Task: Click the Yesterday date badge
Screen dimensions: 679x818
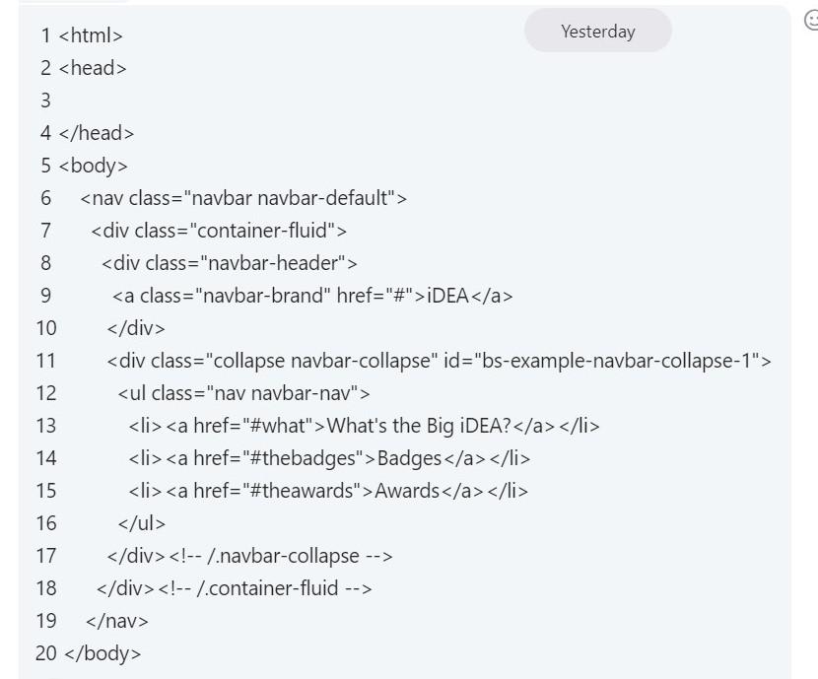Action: pyautogui.click(x=597, y=32)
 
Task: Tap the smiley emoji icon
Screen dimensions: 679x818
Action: pyautogui.click(x=811, y=20)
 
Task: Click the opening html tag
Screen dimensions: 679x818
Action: pyautogui.click(x=91, y=35)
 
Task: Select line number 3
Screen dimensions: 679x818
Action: pyautogui.click(x=45, y=101)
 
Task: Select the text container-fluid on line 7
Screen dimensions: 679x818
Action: pyautogui.click(x=265, y=231)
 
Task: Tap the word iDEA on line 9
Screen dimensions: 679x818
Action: pyautogui.click(x=447, y=296)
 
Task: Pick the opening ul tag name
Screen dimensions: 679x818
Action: pyautogui.click(x=137, y=393)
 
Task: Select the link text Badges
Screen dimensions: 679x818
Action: pyautogui.click(x=409, y=458)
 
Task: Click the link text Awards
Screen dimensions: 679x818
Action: pyautogui.click(x=407, y=491)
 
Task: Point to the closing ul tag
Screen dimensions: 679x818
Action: pyautogui.click(x=142, y=523)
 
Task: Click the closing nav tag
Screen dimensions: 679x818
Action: pyautogui.click(x=117, y=621)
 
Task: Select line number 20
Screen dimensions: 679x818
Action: pyautogui.click(x=46, y=653)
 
